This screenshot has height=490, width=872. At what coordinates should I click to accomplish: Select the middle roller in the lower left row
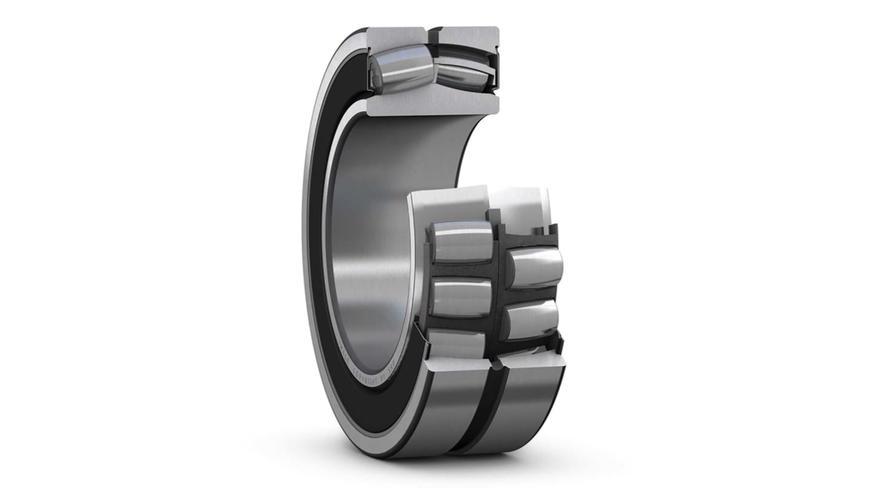[x=462, y=298]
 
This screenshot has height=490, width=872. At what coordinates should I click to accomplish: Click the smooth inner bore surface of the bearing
[x=368, y=246]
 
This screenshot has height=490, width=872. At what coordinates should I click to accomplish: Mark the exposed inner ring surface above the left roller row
[x=448, y=203]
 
